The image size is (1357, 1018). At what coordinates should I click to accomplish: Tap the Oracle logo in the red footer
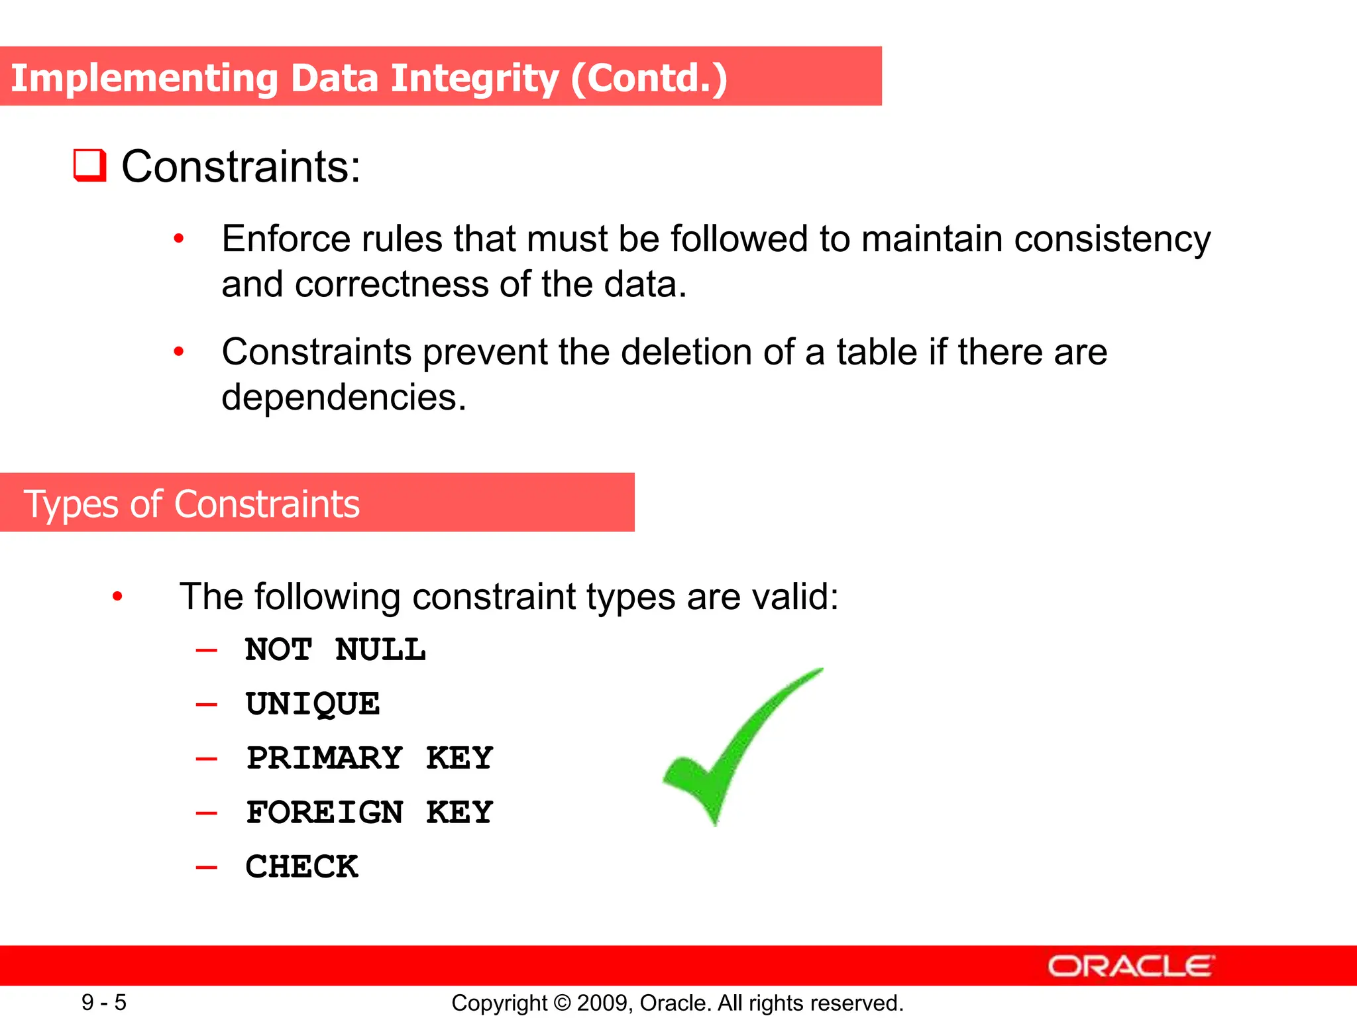[1131, 966]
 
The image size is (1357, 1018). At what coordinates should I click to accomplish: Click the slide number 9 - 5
[104, 1002]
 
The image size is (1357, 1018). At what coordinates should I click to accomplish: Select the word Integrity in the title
[474, 78]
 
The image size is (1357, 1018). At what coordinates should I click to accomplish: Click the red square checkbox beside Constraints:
[89, 166]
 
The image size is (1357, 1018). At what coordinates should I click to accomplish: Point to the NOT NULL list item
[335, 650]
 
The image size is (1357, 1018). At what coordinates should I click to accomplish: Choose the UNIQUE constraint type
[313, 704]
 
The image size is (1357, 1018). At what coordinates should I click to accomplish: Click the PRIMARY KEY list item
[370, 758]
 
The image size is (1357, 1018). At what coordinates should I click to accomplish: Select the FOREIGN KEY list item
[370, 813]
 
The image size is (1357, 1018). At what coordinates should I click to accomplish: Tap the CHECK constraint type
[302, 867]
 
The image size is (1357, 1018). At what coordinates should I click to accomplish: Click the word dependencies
[344, 398]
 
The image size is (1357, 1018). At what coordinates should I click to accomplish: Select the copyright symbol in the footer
[562, 1003]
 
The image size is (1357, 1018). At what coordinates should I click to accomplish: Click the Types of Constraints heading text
[191, 504]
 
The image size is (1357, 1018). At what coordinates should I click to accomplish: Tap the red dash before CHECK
[207, 867]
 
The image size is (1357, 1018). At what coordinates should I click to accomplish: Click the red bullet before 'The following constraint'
[117, 596]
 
